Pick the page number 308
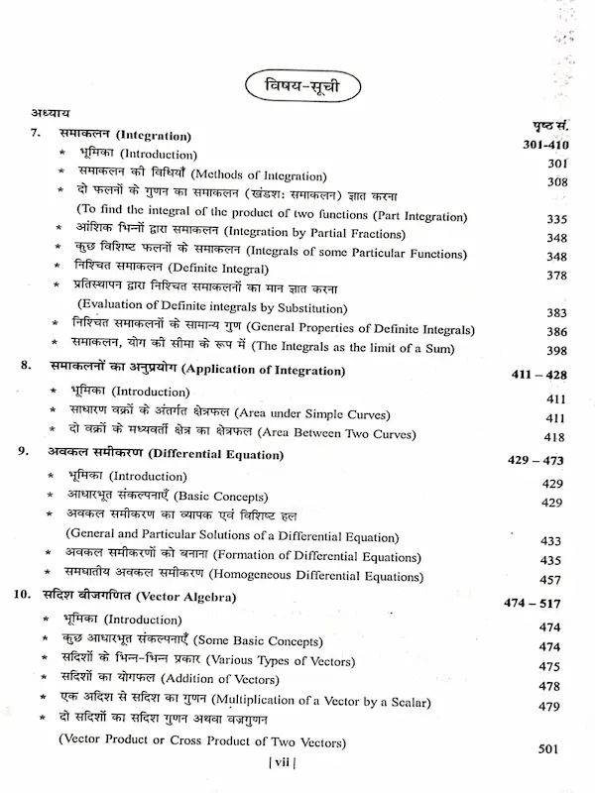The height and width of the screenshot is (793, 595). (555, 182)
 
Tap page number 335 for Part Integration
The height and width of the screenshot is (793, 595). (555, 219)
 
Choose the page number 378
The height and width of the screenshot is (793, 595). (555, 275)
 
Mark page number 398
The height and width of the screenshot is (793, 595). (555, 351)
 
